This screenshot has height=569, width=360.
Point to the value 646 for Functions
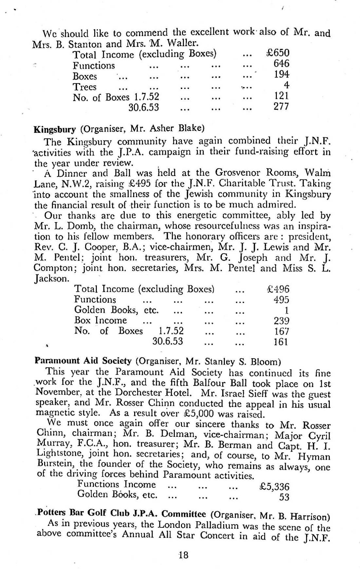281,63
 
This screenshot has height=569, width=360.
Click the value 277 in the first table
281,107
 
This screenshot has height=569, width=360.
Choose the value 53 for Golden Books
284,497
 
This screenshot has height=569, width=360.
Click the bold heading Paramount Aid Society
83,361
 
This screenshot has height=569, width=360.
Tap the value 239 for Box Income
281,321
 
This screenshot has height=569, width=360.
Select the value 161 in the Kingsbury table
281,342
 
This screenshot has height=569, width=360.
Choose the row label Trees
84,87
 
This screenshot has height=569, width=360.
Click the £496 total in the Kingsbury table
279,289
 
